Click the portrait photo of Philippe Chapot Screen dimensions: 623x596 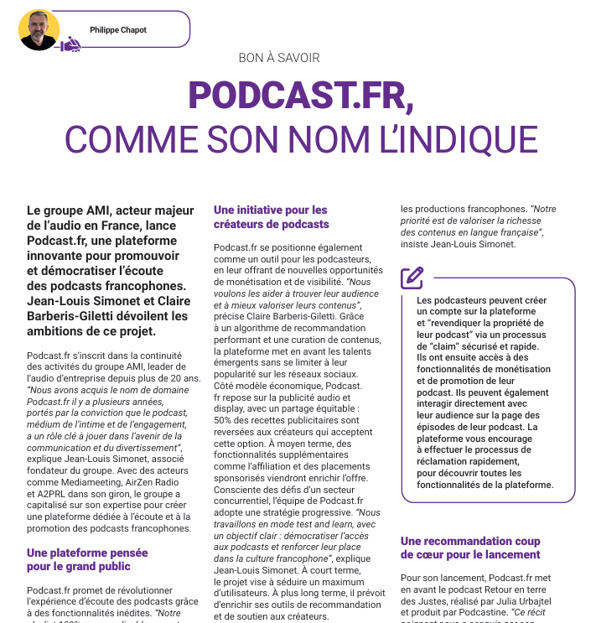[39, 30]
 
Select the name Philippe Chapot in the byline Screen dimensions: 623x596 [118, 30]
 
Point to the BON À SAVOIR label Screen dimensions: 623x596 [279, 58]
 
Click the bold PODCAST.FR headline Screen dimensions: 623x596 [300, 95]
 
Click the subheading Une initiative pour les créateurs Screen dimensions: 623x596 [271, 217]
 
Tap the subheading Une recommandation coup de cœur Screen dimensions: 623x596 [470, 548]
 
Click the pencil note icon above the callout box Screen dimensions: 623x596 [412, 277]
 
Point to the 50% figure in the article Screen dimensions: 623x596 [225, 418]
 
